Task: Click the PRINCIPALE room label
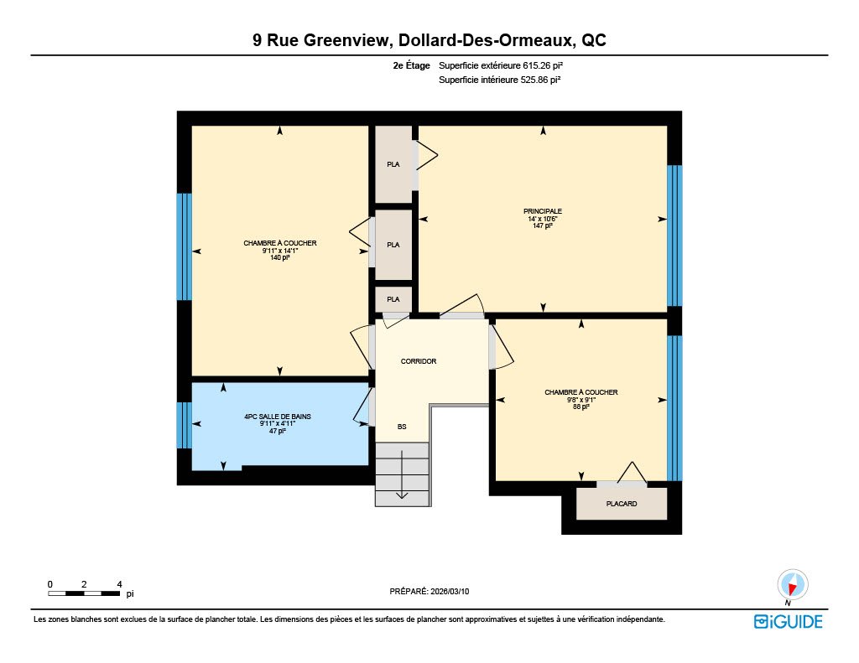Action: click(543, 211)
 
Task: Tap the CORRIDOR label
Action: click(419, 361)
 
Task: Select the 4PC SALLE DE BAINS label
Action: click(278, 417)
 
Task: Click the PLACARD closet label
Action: click(622, 504)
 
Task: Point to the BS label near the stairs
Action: click(402, 427)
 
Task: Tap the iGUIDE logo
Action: click(789, 622)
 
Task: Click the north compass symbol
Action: click(793, 585)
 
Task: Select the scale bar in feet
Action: click(85, 593)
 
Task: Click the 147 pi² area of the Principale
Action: click(543, 225)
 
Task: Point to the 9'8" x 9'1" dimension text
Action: click(581, 400)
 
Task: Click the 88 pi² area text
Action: click(581, 407)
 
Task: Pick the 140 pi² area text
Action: click(280, 257)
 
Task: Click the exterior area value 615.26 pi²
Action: click(543, 65)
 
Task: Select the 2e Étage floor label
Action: click(411, 65)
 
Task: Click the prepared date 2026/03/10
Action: click(450, 591)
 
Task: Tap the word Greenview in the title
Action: click(346, 40)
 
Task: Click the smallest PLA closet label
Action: click(393, 299)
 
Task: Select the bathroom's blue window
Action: click(184, 425)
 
